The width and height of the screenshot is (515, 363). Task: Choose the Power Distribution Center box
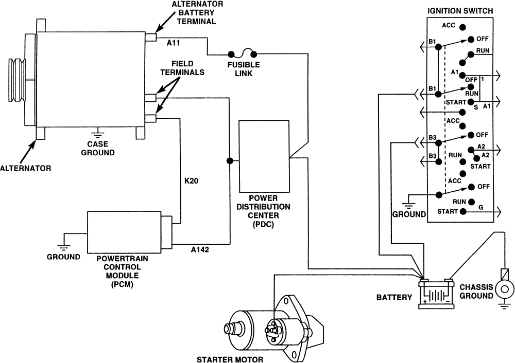(x=264, y=155)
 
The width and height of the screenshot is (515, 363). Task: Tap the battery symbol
(x=436, y=294)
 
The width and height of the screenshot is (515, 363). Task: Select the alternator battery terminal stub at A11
(x=150, y=38)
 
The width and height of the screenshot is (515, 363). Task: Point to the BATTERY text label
(x=394, y=297)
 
